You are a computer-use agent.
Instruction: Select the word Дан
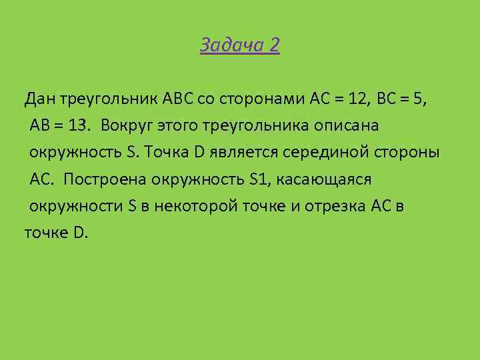pos(40,100)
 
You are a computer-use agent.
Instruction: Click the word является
pos(241,153)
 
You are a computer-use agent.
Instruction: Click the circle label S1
pos(257,179)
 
